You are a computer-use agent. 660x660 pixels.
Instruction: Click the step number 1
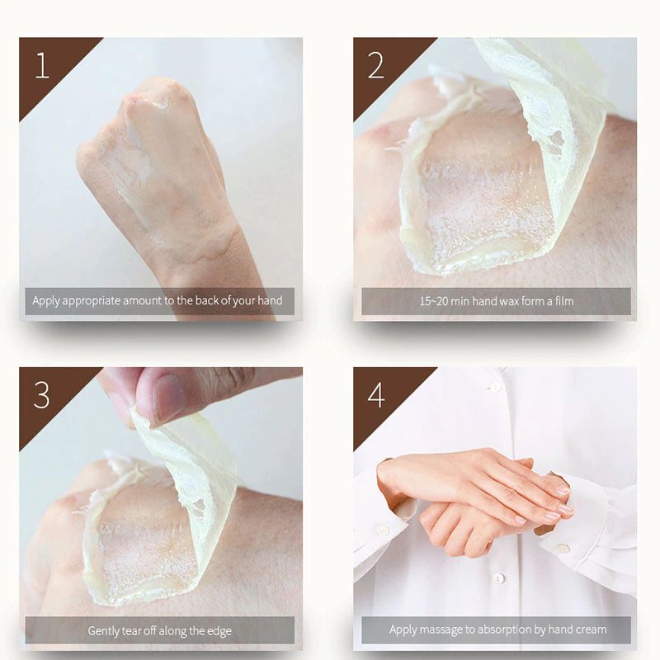pos(42,65)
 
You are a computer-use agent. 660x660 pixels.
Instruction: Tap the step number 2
pos(376,65)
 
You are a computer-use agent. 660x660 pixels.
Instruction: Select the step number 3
pos(41,395)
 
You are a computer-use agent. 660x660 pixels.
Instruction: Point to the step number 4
pos(376,395)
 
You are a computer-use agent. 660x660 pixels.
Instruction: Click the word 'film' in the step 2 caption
pos(564,301)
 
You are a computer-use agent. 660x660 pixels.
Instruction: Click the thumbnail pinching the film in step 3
pos(169,397)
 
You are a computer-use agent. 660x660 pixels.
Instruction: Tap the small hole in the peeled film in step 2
pos(556,138)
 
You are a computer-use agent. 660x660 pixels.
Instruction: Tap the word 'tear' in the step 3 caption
pos(131,631)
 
